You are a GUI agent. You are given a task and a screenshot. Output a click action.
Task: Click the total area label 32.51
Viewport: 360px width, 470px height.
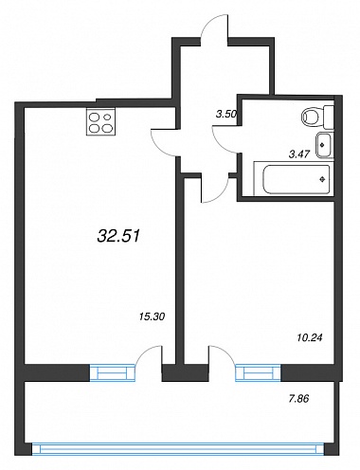(118, 236)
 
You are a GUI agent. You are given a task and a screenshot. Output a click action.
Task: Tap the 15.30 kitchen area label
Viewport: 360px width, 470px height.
(152, 316)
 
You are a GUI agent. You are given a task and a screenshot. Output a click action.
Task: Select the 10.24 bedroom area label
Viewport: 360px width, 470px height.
(310, 337)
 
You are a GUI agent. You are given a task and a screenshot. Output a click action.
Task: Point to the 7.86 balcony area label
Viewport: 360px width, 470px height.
(298, 399)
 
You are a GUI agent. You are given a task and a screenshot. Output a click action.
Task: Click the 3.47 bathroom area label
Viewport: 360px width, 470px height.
(299, 154)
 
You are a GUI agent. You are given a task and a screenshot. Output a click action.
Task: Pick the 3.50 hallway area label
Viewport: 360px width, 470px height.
(226, 114)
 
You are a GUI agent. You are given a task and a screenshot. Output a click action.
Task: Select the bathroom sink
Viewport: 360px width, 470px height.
(324, 145)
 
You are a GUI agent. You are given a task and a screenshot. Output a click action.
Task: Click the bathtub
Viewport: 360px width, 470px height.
(294, 178)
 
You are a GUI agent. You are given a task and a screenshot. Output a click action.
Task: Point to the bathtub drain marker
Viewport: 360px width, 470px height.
(322, 179)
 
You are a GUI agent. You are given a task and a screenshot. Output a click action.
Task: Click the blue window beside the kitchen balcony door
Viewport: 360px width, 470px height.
(113, 372)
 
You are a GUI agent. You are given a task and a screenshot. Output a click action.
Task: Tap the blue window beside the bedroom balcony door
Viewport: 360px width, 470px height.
(258, 372)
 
